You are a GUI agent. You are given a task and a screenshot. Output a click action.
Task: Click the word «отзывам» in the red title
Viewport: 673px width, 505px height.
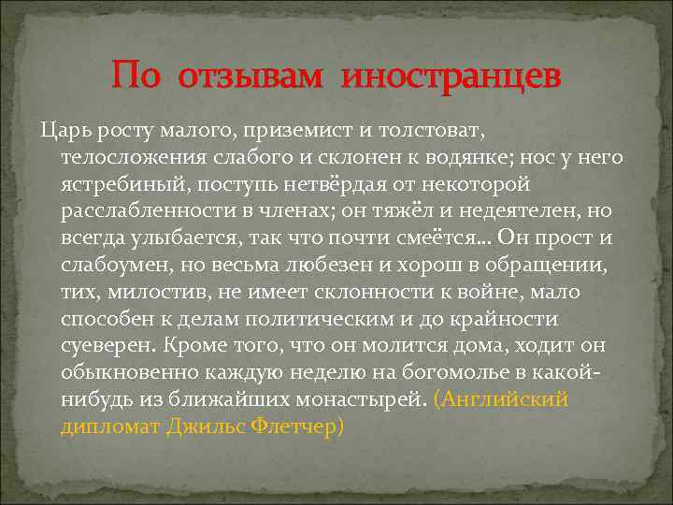[x=257, y=76]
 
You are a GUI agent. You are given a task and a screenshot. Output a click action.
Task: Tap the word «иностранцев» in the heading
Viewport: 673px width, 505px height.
[x=451, y=76]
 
